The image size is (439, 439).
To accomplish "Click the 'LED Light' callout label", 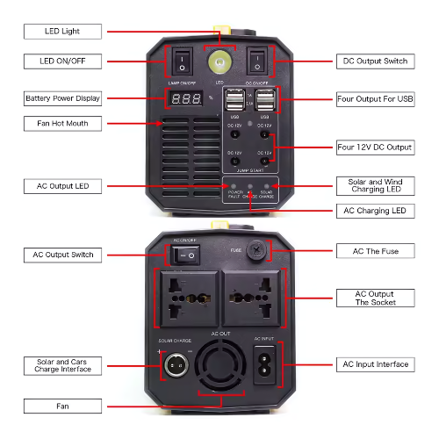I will (x=61, y=32).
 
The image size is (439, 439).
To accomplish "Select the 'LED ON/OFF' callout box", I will (x=61, y=61).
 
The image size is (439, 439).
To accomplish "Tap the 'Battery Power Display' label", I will (x=61, y=98).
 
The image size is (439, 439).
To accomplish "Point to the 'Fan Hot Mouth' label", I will (x=61, y=123).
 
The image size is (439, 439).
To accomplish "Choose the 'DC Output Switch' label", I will (x=374, y=62).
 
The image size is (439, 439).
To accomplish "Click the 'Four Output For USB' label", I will (x=374, y=99).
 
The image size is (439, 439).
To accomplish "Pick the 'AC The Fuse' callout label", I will (x=374, y=251).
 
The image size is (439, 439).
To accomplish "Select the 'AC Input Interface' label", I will (x=374, y=363).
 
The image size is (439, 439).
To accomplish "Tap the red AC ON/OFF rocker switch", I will (x=185, y=254).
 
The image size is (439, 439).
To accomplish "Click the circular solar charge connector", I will (x=175, y=364).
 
